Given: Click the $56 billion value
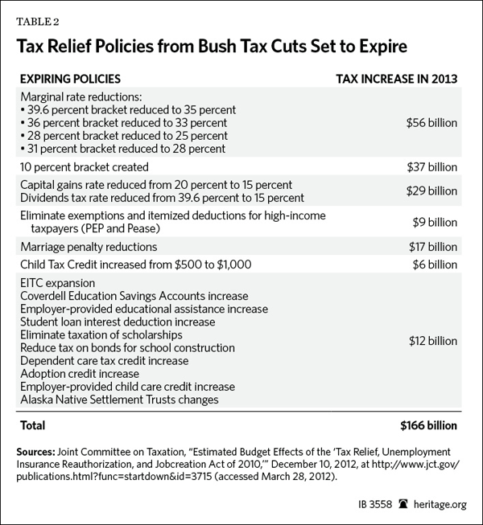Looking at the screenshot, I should (x=431, y=123).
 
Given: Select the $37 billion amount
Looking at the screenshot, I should (x=431, y=167).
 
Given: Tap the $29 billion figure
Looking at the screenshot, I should (x=431, y=191).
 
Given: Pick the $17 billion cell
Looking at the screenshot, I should (x=431, y=246).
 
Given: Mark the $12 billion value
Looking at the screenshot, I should (x=431, y=341).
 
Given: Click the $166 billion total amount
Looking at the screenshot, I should (x=428, y=425).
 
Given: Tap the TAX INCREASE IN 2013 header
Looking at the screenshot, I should (x=396, y=80).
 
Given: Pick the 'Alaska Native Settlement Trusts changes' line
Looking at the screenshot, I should (x=114, y=399).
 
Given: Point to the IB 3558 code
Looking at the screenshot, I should (x=349, y=507).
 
